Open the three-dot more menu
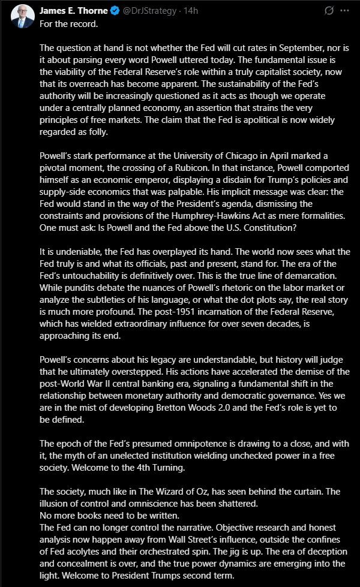click(344, 11)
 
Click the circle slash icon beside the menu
click(329, 11)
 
